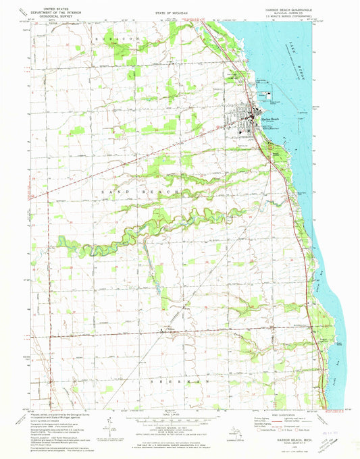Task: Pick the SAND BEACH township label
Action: (x=138, y=192)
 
